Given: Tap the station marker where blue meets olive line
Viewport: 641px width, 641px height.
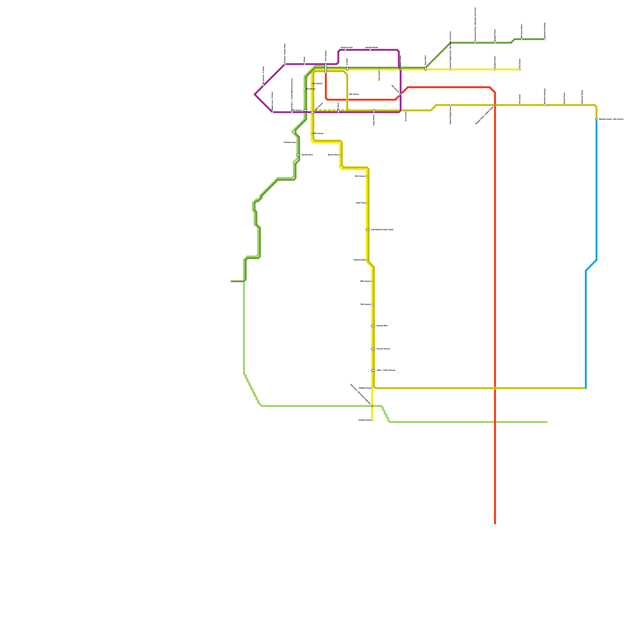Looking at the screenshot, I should (x=597, y=119).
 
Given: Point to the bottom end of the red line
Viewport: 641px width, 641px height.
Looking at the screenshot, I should (x=495, y=523).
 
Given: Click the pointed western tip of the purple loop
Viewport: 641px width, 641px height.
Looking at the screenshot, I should (x=255, y=95).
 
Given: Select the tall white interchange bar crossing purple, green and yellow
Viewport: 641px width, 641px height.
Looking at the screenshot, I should (x=326, y=69).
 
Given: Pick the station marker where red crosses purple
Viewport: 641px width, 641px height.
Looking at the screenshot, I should (x=401, y=94).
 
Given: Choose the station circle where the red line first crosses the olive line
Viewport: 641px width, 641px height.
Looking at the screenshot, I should (x=495, y=105).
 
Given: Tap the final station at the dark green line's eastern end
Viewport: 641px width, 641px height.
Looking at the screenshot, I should (x=545, y=39).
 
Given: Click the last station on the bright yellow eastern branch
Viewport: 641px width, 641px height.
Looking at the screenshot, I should (x=520, y=69).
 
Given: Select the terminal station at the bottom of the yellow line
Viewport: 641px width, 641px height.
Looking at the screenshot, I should (x=372, y=420).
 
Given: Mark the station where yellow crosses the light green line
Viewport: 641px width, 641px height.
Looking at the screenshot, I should (x=372, y=406).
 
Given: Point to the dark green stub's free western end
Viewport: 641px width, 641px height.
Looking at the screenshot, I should (x=232, y=281).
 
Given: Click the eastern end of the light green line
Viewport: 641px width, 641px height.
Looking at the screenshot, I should (x=547, y=422).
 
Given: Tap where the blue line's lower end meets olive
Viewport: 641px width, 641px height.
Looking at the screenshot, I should (x=586, y=388).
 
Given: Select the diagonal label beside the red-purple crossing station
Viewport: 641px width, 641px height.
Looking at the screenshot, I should (x=395, y=89).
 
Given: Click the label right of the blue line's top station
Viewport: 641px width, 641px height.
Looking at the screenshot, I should (x=611, y=119).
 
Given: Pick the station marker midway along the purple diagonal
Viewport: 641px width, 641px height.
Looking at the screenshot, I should (x=264, y=85).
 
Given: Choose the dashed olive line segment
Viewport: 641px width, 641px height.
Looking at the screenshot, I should (x=331, y=110).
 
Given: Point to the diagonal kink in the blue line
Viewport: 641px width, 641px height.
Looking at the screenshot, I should (x=591, y=265).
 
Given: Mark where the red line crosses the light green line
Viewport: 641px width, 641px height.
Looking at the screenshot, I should (x=495, y=422).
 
